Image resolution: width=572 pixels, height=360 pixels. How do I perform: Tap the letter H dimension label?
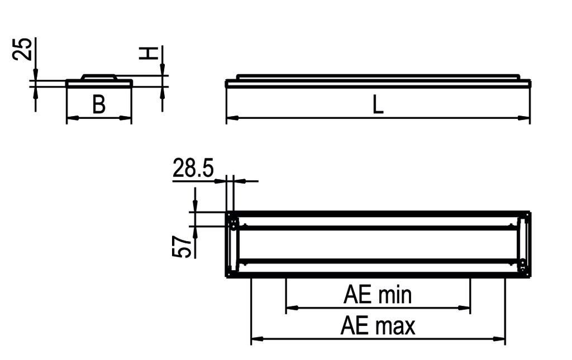tap(147, 53)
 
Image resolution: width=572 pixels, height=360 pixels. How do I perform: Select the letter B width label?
tap(99, 105)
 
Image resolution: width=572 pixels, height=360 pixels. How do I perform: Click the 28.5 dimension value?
tap(193, 168)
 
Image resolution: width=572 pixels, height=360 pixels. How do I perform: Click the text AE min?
tap(378, 295)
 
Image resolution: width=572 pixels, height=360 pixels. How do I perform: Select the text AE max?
tap(378, 326)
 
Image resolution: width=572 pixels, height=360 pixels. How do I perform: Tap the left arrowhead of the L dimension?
tap(231, 118)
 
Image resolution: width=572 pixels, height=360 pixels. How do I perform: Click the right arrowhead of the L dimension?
tap(525, 118)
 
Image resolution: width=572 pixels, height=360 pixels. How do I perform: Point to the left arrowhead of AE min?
tap(291, 307)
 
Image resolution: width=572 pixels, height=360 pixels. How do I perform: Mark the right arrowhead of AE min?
tap(465, 307)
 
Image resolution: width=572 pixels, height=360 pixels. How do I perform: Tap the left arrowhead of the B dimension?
tap(71, 118)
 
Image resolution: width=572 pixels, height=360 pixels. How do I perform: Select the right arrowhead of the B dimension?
tap(127, 118)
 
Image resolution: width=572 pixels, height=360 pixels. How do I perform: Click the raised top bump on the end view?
tap(99, 76)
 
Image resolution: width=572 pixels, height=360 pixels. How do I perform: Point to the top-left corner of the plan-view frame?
tap(227, 213)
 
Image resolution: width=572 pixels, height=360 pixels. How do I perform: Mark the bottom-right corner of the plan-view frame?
tap(529, 276)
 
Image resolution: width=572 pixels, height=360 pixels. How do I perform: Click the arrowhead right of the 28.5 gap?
tap(238, 181)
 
